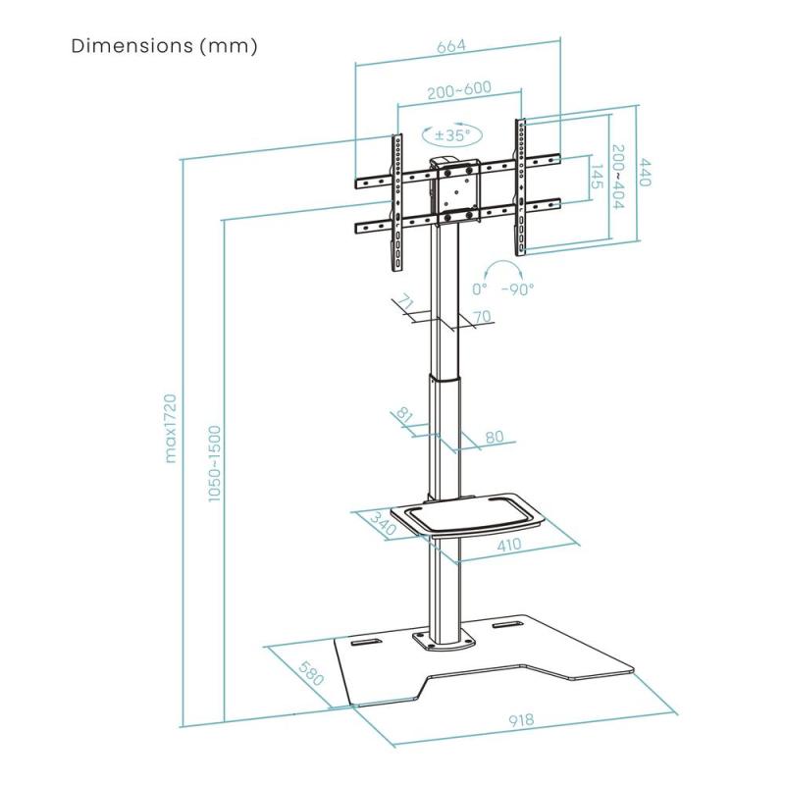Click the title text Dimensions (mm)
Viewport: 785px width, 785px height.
coord(165,46)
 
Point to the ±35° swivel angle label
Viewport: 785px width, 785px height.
coord(452,134)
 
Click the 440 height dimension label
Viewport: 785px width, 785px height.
coord(647,174)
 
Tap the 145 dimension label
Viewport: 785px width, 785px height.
coord(596,178)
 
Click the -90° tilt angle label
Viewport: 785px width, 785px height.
coord(517,289)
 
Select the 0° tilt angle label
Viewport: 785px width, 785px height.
coord(480,289)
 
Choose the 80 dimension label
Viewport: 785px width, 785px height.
coord(494,437)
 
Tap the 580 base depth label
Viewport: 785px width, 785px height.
coord(312,676)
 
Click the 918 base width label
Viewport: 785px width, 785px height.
coord(521,720)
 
